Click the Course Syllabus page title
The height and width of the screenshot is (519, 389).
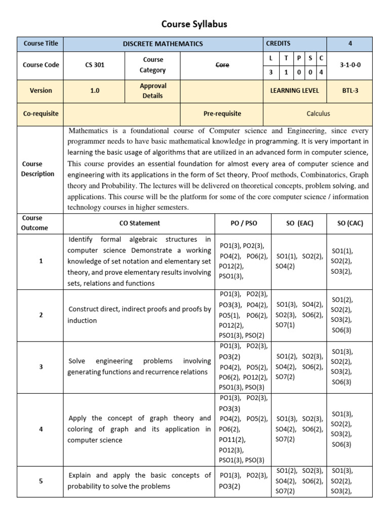194,24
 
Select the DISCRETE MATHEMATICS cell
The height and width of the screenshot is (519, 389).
163,44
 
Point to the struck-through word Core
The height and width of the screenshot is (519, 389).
222,65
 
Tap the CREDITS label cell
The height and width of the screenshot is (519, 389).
278,44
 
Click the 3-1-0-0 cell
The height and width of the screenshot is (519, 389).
350,65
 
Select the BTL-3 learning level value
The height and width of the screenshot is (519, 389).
350,91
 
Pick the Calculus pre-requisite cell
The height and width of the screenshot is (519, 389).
318,114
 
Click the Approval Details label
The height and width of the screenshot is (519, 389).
152,91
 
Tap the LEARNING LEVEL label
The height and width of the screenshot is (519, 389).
295,91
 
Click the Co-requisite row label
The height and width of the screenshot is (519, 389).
41,114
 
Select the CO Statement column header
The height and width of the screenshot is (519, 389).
139,223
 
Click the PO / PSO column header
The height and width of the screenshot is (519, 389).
243,223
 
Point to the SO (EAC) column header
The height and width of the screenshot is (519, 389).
299,223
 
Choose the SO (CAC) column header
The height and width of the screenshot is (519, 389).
350,223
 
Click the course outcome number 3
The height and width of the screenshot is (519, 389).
41,366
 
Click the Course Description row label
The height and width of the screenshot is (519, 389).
37,169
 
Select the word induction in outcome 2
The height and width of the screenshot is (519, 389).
83,320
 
